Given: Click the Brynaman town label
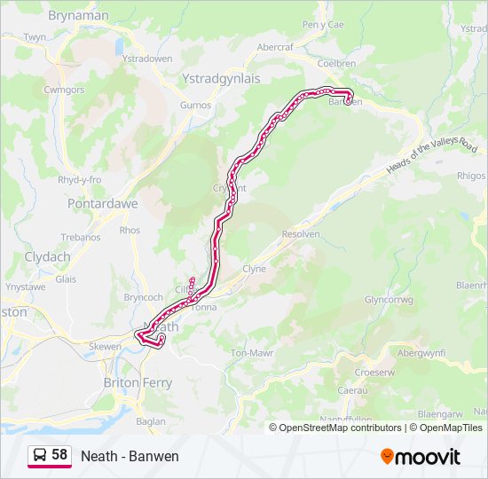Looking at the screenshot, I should click(78, 15).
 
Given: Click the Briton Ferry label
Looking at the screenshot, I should click(138, 382).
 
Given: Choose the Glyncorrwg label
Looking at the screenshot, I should click(389, 300).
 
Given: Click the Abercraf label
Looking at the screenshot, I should click(274, 47).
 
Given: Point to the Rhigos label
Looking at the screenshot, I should click(470, 176).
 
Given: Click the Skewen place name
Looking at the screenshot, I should click(105, 346).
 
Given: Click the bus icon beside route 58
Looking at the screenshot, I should click(41, 455).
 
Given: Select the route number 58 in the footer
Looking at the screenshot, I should click(59, 455).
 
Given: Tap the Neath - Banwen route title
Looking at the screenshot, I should click(130, 456).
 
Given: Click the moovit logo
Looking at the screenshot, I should click(421, 456).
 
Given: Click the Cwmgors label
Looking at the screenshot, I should click(63, 90).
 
